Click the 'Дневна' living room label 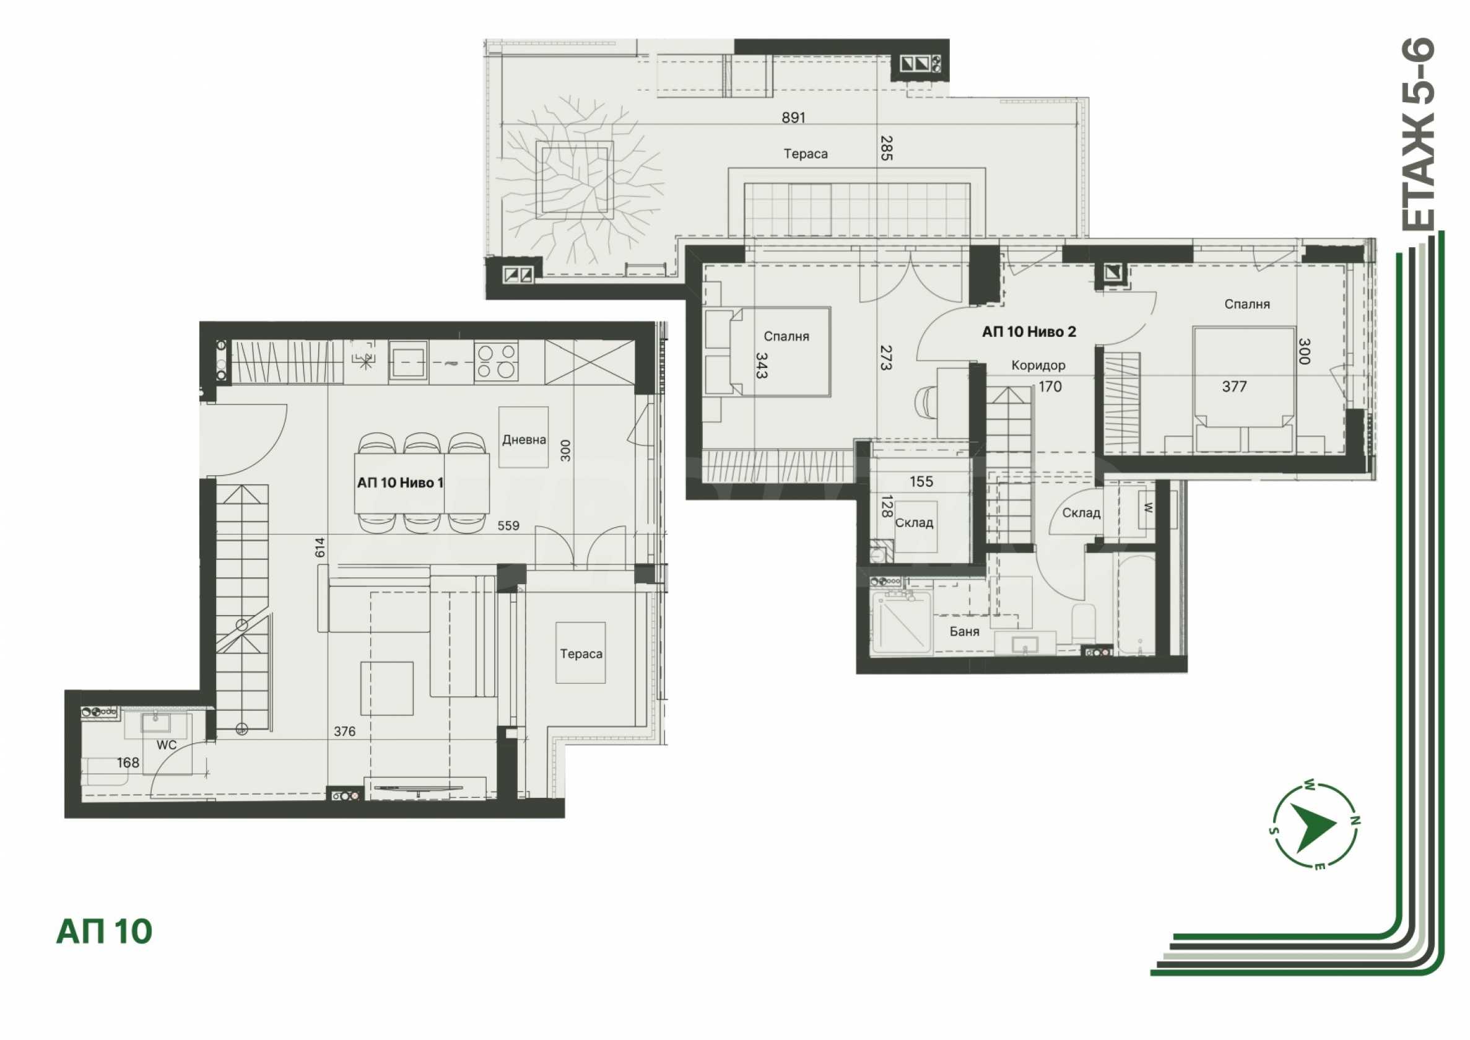click(524, 439)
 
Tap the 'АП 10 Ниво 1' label click(400, 483)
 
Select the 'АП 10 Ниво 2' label click(1029, 332)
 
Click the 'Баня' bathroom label click(964, 631)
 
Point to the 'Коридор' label click(1038, 365)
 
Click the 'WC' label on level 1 click(167, 745)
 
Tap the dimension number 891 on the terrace click(793, 117)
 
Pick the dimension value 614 click(320, 547)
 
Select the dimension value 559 click(508, 526)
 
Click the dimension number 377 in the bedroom click(1233, 386)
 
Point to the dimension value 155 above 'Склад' click(921, 481)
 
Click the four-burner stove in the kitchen click(496, 361)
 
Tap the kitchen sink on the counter click(409, 361)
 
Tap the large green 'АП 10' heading click(105, 932)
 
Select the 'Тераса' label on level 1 click(581, 654)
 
